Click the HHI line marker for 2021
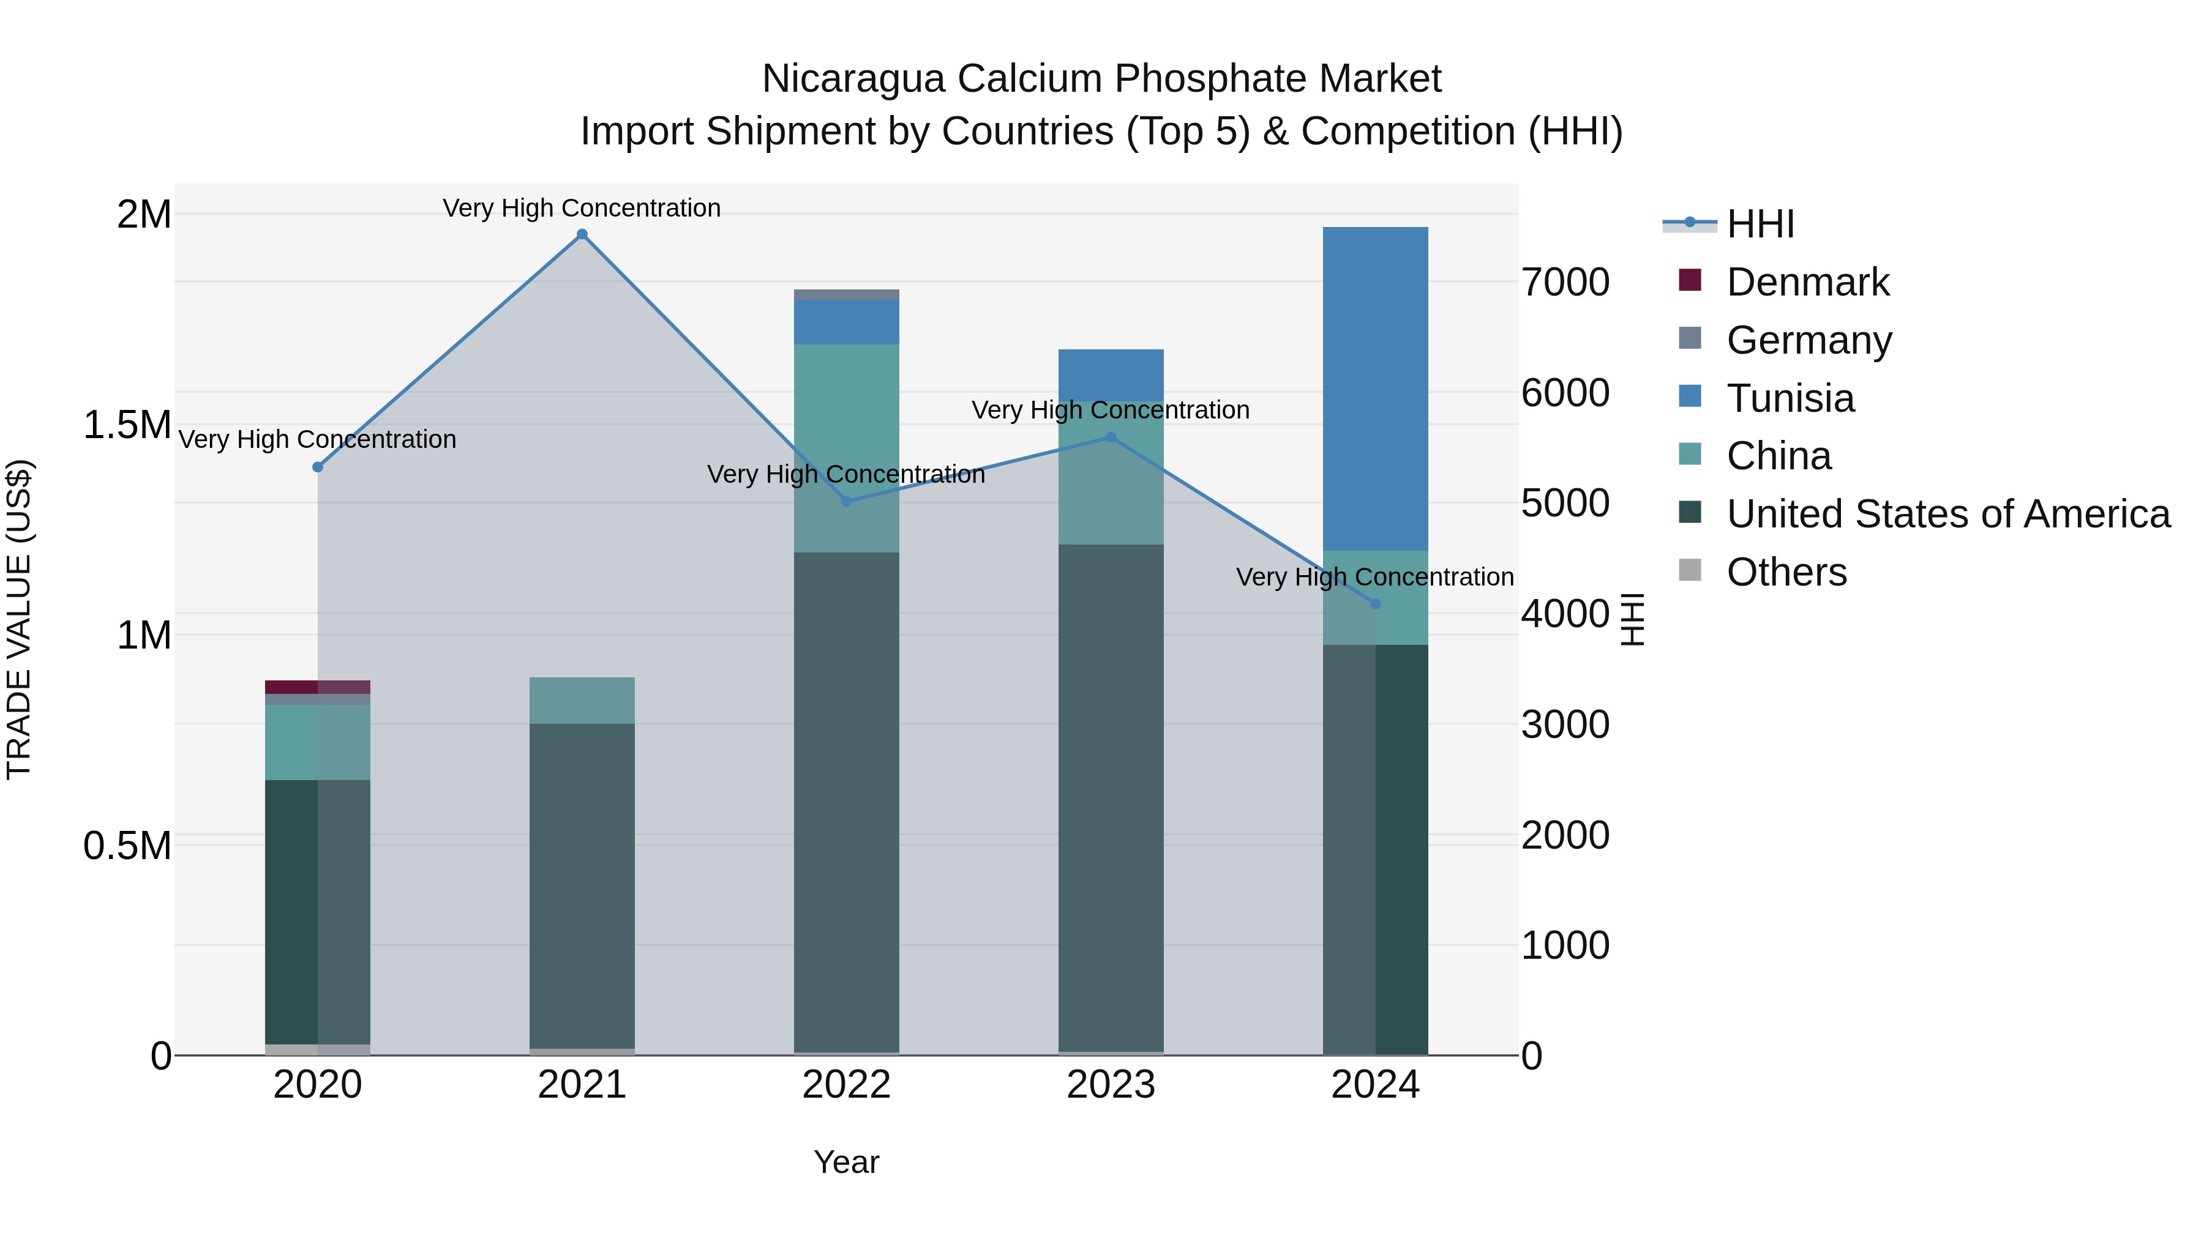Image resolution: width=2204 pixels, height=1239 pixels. pyautogui.click(x=582, y=234)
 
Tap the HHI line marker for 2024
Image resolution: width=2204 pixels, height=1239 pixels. pyautogui.click(x=1375, y=604)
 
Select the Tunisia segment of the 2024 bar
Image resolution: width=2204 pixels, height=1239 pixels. pyautogui.click(x=1375, y=389)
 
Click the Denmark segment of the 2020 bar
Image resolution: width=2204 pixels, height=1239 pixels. pyautogui.click(x=317, y=686)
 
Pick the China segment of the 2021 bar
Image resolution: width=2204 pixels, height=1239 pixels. pyautogui.click(x=582, y=701)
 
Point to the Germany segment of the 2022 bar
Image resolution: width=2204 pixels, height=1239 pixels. pyautogui.click(x=846, y=295)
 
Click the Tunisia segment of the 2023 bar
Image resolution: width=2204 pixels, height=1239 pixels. pyautogui.click(x=1111, y=374)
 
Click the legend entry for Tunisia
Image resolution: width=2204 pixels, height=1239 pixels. pyautogui.click(x=1790, y=398)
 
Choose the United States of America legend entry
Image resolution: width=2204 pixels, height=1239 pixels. pyautogui.click(x=1947, y=514)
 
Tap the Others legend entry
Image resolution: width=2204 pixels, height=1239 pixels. pyautogui.click(x=1786, y=572)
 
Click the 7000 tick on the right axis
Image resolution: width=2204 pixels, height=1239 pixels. pyautogui.click(x=1565, y=282)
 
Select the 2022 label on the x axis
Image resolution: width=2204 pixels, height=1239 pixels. pyautogui.click(x=846, y=1085)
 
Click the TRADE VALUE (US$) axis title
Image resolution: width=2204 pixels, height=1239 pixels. pyautogui.click(x=19, y=619)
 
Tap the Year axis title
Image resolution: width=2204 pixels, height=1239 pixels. pyautogui.click(x=846, y=1162)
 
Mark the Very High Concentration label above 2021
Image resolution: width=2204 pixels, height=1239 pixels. pyautogui.click(x=582, y=208)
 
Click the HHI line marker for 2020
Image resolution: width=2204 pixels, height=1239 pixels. pyautogui.click(x=317, y=467)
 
